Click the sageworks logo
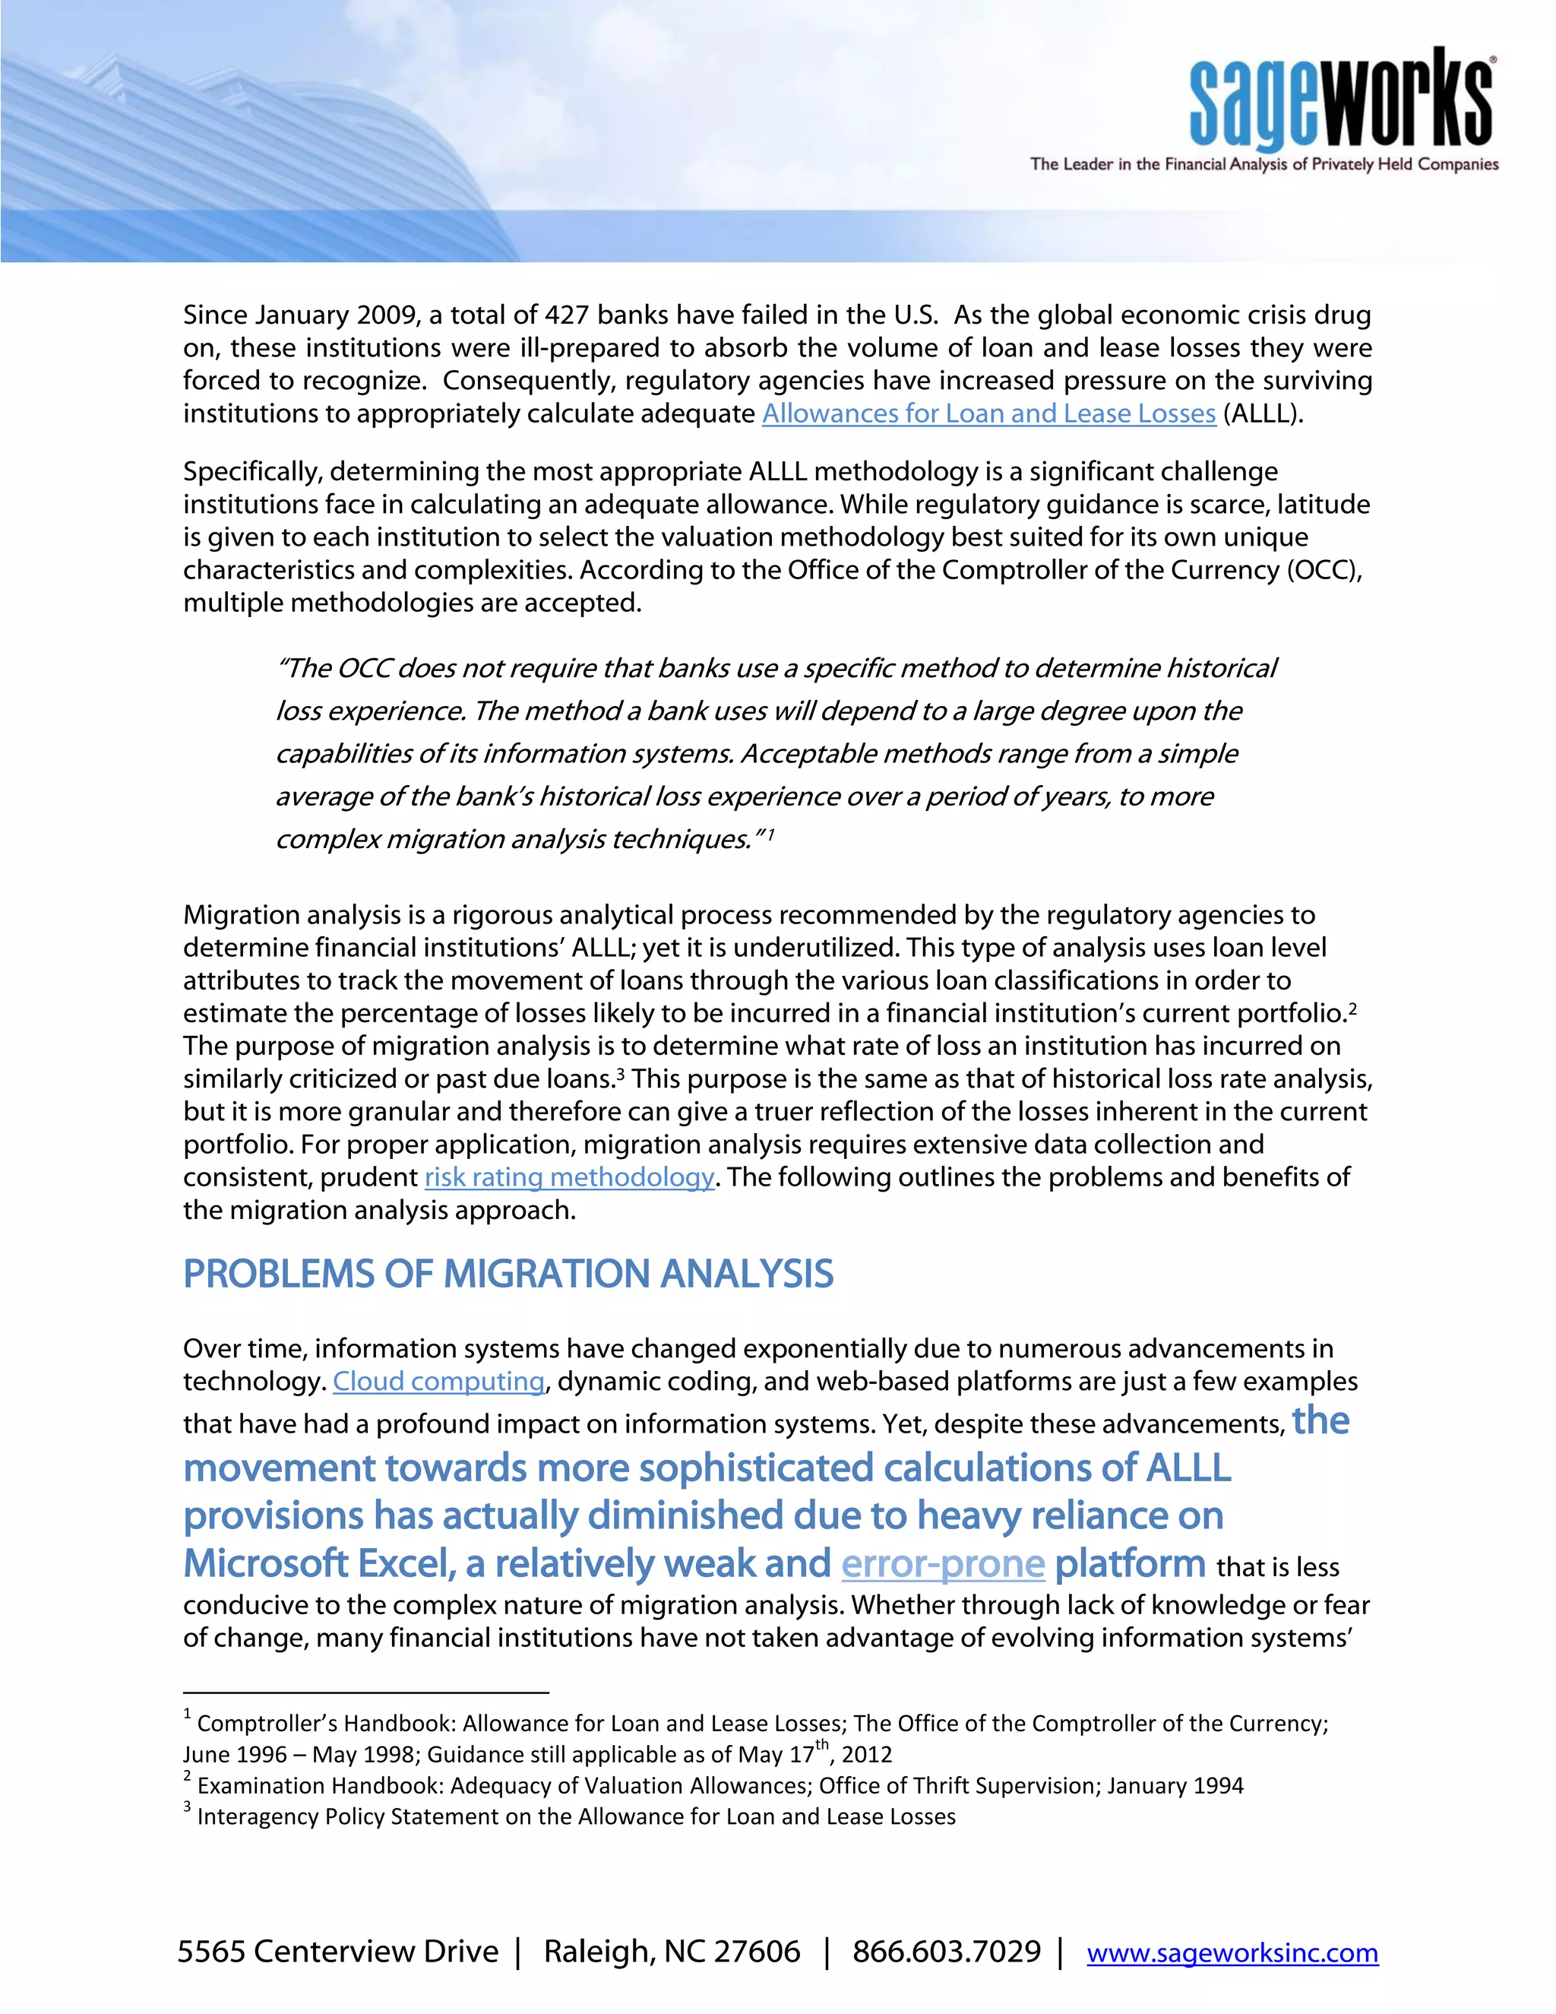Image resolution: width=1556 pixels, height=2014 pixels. point(1341,100)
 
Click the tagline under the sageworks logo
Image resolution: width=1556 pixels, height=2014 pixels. point(1263,165)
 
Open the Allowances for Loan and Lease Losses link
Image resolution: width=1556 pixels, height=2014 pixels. point(988,414)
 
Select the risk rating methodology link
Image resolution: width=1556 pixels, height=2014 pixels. point(569,1177)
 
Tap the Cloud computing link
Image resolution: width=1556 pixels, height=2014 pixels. point(439,1382)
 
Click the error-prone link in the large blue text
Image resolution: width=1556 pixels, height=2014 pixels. point(942,1564)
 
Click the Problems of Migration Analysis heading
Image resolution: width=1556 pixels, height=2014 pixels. point(508,1275)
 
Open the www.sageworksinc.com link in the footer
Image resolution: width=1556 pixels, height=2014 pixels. point(1232,1952)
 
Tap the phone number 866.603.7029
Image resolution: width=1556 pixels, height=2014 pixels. point(946,1951)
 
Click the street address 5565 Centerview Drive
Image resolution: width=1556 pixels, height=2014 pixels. point(337,1951)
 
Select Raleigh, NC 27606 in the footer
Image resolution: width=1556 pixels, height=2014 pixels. point(671,1951)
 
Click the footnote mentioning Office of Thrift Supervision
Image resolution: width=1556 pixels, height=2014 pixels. point(719,1786)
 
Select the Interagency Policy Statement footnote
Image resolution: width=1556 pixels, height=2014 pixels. point(575,1818)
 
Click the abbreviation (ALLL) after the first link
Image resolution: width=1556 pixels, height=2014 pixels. point(1262,414)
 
